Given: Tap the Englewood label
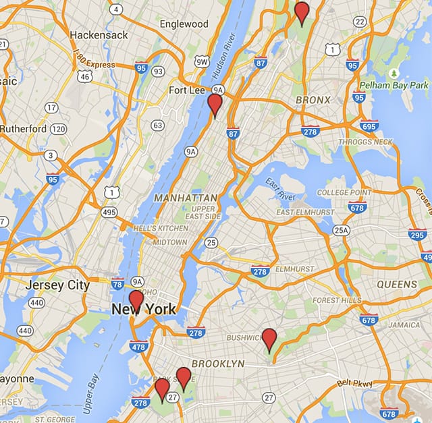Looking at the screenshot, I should click(x=184, y=24).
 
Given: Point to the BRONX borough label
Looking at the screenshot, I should click(x=313, y=100).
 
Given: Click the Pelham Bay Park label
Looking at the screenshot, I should click(x=394, y=86).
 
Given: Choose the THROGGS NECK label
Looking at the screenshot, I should click(x=369, y=142).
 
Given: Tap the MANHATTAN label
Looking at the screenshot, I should click(x=186, y=198).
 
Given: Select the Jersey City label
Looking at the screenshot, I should click(x=57, y=285).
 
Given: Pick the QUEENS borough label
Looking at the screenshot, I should click(x=397, y=285).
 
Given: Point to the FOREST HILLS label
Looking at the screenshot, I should click(x=336, y=300).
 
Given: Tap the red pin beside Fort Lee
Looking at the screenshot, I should click(x=215, y=105).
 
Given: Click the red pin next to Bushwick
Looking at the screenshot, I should click(x=269, y=339).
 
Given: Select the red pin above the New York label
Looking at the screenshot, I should click(x=136, y=301).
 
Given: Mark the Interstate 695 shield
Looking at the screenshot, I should click(x=369, y=125).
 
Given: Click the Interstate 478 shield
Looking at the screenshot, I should click(x=138, y=347).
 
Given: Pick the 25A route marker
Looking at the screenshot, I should click(x=342, y=230).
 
